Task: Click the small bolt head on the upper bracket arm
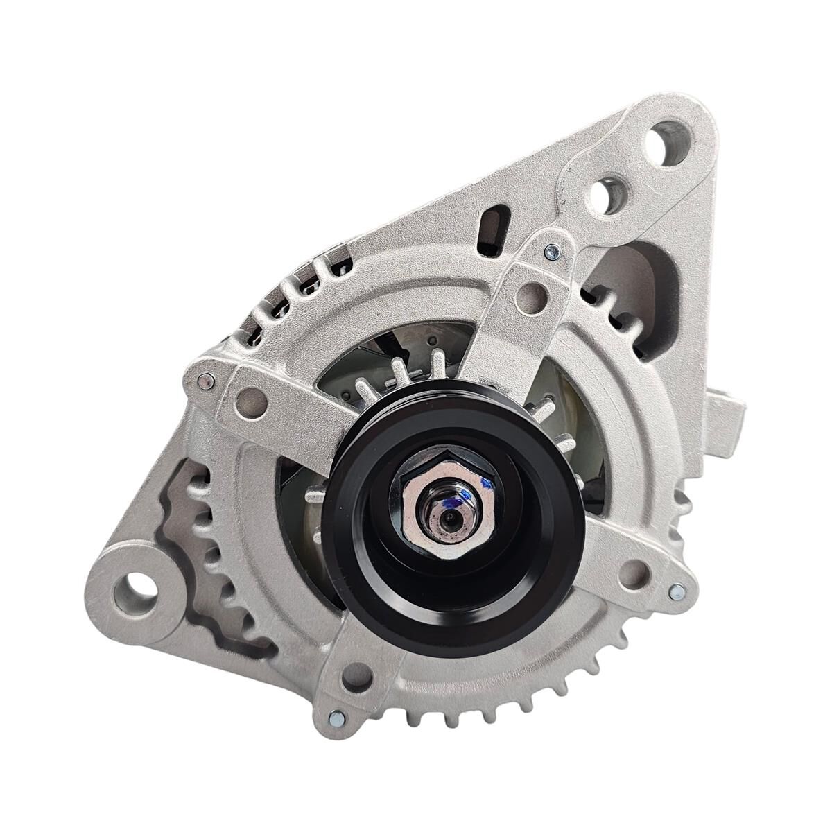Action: [549, 250]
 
